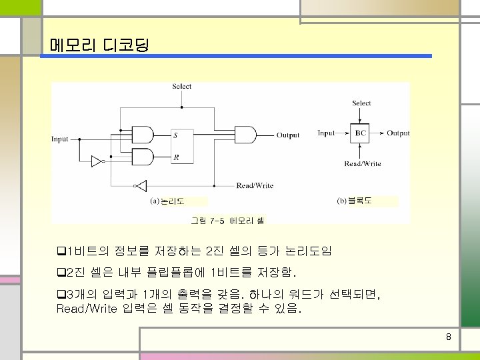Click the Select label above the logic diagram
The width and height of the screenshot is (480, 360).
pos(181,86)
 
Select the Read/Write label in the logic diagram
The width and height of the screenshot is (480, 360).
pos(255,185)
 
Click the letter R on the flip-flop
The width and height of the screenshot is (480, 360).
pos(175,158)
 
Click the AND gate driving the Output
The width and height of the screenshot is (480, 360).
pos(247,135)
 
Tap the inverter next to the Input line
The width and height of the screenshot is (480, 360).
pos(98,161)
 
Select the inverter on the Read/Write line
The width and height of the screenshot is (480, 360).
pos(140,185)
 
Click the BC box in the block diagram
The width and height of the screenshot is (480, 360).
pos(361,133)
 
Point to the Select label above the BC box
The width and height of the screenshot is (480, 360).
pos(361,103)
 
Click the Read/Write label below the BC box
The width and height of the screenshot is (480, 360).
pos(363,164)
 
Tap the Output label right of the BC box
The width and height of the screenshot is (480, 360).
pos(398,133)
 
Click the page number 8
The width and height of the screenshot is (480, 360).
pos(449,337)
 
